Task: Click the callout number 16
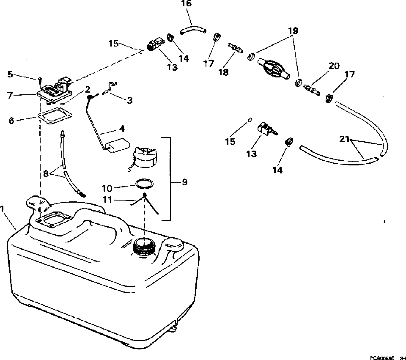click(x=186, y=4)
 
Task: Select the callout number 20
click(x=334, y=66)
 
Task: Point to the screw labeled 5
click(x=39, y=79)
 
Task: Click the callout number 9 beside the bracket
click(x=184, y=182)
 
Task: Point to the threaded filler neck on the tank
click(x=144, y=245)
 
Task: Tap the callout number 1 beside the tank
click(x=3, y=209)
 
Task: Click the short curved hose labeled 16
click(x=192, y=30)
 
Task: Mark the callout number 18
click(x=223, y=72)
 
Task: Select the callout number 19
click(x=293, y=31)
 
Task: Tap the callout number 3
click(x=130, y=100)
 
